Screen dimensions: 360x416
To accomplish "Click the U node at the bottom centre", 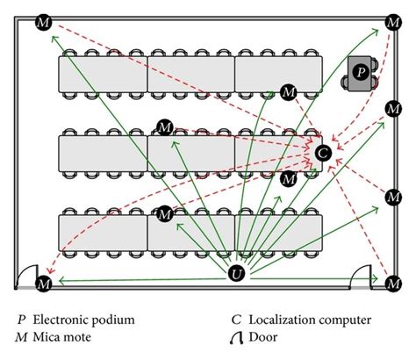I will pyautogui.click(x=236, y=275).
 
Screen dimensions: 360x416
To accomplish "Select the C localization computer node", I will pyautogui.click(x=322, y=153).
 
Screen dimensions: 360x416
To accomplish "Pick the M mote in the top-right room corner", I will pyautogui.click(x=392, y=20).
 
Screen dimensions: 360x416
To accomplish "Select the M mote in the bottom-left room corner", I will pyautogui.click(x=44, y=283).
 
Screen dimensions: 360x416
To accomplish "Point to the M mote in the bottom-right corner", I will pyautogui.click(x=392, y=283).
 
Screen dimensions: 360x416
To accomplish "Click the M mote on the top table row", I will pyautogui.click(x=288, y=91).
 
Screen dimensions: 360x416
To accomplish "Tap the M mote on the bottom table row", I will pyautogui.click(x=163, y=213).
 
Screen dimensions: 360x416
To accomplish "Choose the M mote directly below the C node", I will pyautogui.click(x=288, y=179).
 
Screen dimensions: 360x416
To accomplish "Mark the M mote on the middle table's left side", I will pyautogui.click(x=163, y=127).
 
